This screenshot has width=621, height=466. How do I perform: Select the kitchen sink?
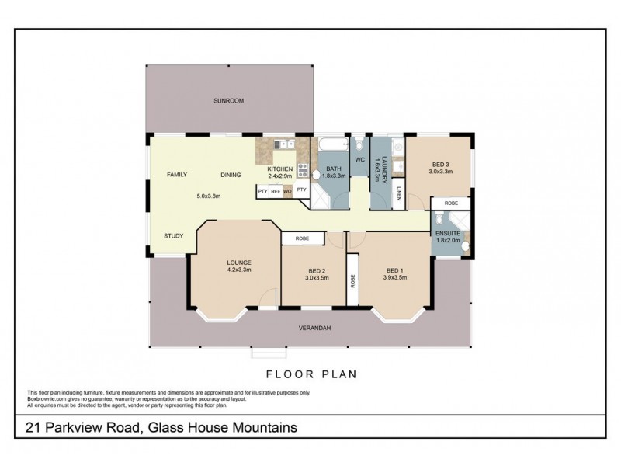click(285, 144)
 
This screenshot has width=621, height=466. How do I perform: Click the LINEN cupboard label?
click(397, 194)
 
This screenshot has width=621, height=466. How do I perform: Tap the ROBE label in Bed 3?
click(451, 203)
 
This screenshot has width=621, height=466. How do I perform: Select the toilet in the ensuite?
click(439, 220)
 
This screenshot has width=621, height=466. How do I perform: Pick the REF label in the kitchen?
click(276, 190)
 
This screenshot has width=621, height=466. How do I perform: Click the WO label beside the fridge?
click(288, 190)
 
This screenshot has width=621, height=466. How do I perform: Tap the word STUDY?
click(173, 235)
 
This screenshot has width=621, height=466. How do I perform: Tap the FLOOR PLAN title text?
click(310, 374)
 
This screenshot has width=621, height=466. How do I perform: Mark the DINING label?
click(231, 175)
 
